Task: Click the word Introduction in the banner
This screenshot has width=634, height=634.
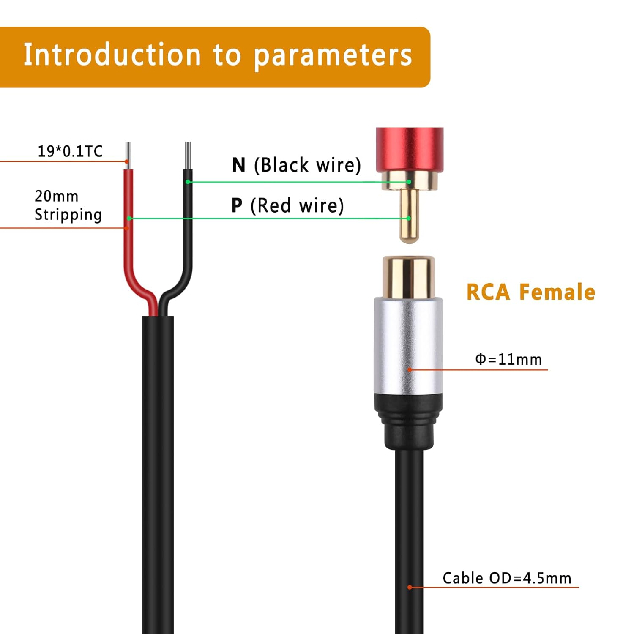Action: pos(112,55)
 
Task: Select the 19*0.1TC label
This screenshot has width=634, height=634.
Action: pos(70,151)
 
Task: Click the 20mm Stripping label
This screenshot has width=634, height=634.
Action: pos(68,205)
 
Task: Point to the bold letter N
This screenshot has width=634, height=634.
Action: pos(239,165)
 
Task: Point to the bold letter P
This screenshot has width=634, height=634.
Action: pos(237,205)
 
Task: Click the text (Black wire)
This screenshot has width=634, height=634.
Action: pos(307,165)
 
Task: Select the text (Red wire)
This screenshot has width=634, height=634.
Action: pos(297,206)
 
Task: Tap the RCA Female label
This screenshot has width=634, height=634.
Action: pos(531,292)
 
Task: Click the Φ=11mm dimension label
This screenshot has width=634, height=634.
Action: pos(508,359)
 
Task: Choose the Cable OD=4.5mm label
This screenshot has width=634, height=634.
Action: pos(507,578)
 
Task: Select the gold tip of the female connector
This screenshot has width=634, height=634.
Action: pos(408,277)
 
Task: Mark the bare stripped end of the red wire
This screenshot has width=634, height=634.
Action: pos(128,156)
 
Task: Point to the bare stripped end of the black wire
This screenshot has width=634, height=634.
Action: pos(188,156)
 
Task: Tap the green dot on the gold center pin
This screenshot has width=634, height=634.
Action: pos(409,218)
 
